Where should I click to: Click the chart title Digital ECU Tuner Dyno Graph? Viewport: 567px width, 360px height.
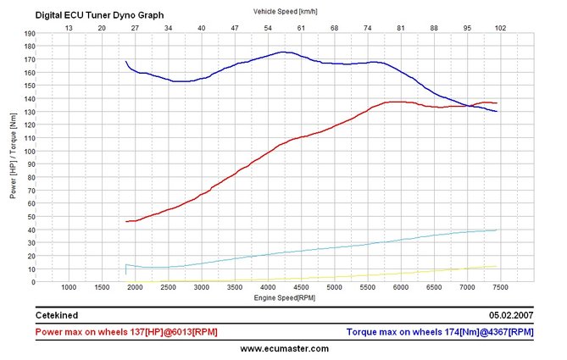point(99,15)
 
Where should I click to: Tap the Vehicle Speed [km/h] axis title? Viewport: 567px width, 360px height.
point(284,11)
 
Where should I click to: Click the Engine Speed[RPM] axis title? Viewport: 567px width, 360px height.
point(284,298)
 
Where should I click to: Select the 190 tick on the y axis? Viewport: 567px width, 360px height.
point(30,34)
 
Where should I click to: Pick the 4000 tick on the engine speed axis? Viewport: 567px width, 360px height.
point(268,288)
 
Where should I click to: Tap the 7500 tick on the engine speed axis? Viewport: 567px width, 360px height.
point(500,288)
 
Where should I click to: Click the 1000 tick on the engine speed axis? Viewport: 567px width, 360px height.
point(69,288)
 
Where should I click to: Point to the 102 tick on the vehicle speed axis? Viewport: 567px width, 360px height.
point(500,27)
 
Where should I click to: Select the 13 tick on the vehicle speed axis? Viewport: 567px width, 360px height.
point(69,27)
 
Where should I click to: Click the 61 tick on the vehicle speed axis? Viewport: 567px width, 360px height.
point(301,27)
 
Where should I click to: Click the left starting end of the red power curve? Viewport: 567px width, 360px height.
point(126,221)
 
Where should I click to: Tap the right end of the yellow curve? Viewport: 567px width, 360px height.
point(497,266)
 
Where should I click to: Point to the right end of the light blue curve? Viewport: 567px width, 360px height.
point(497,230)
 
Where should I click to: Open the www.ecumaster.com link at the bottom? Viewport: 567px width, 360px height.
point(284,348)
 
